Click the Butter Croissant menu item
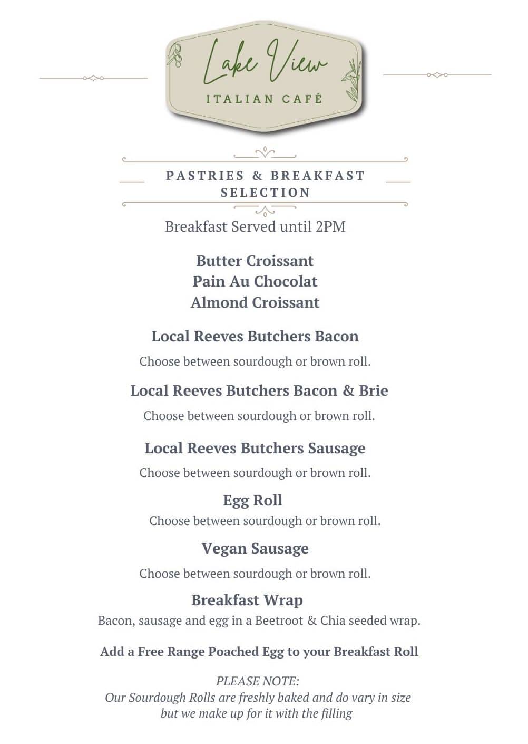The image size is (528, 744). [x=255, y=261]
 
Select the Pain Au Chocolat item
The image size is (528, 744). [x=255, y=281]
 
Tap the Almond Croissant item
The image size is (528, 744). [x=255, y=302]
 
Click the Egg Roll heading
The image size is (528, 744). [x=252, y=500]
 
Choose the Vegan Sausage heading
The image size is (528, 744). [x=255, y=548]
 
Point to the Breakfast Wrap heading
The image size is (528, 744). [x=247, y=600]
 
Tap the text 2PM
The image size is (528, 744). [x=330, y=226]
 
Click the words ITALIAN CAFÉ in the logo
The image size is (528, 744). [x=264, y=99]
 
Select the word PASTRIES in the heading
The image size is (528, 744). [x=205, y=176]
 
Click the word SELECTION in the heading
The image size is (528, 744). [x=265, y=193]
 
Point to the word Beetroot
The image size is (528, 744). [x=279, y=621]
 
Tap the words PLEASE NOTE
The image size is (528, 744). [x=257, y=681]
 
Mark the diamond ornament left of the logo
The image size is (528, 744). [x=93, y=78]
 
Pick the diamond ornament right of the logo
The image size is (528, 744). [x=437, y=75]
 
